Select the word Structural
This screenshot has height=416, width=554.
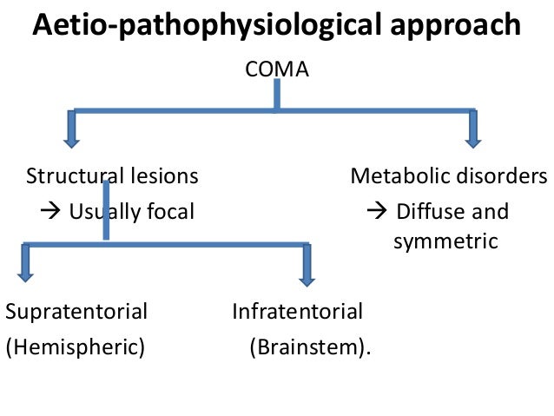pyautogui.click(x=70, y=177)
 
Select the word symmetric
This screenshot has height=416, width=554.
pyautogui.click(x=445, y=241)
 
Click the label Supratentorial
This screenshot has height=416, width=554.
pyautogui.click(x=76, y=311)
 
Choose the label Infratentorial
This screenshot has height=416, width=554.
pyautogui.click(x=298, y=311)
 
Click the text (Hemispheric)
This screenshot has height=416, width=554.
pyautogui.click(x=76, y=347)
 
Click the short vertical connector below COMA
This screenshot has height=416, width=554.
pyautogui.click(x=276, y=96)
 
